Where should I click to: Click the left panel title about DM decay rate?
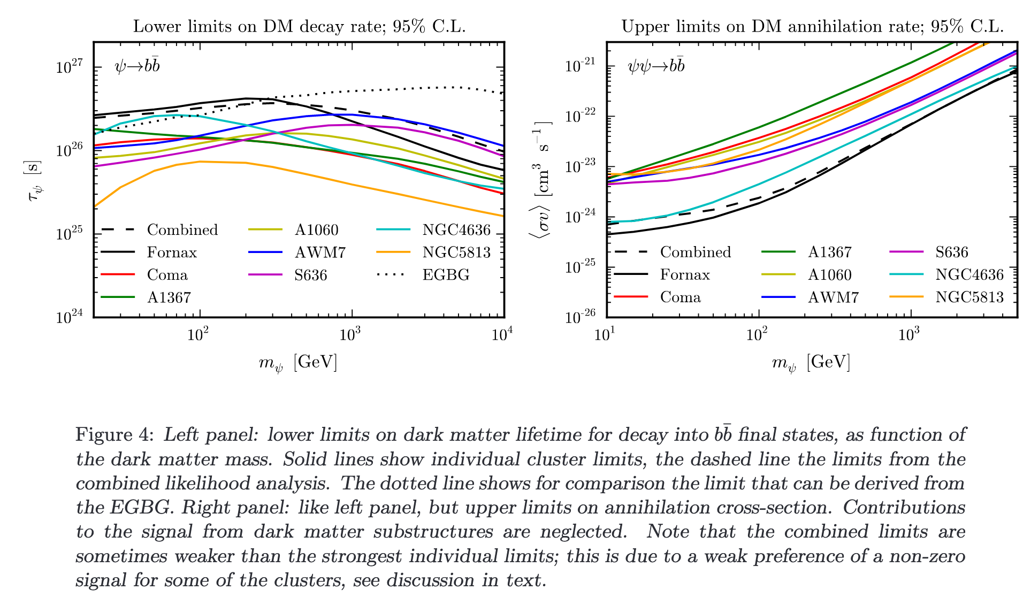(299, 26)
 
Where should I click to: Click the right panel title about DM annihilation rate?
(812, 26)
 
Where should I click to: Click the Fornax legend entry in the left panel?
(171, 252)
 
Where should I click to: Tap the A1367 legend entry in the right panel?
(829, 252)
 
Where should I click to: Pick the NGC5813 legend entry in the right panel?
(969, 297)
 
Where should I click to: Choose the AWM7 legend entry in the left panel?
(319, 252)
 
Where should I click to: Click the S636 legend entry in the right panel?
(951, 252)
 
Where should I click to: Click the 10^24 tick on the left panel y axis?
(70, 317)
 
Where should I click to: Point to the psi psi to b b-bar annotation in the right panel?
(656, 66)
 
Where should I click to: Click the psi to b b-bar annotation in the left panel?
(137, 66)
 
